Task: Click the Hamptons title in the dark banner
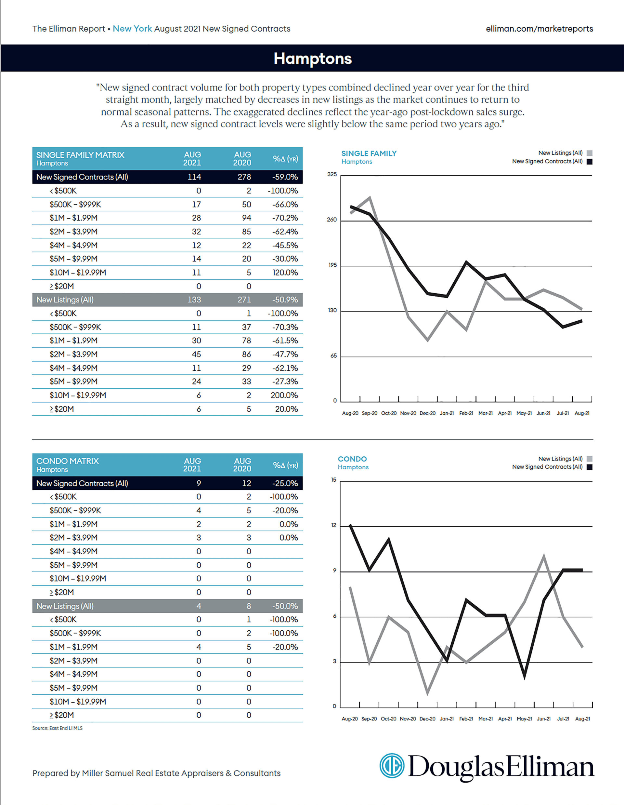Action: pos(312,59)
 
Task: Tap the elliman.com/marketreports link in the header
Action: pos(539,29)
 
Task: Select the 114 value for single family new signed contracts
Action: pos(194,177)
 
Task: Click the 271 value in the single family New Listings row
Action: pos(244,300)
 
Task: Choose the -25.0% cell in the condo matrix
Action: pos(285,483)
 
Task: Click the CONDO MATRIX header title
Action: pos(67,461)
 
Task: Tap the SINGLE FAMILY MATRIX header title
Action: pos(80,155)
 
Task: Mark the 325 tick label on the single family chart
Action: pos(332,174)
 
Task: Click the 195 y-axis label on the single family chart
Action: pos(332,265)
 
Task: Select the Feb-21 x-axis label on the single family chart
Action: pos(466,413)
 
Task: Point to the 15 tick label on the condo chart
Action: pos(333,480)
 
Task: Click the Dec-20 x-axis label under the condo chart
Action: pos(427,719)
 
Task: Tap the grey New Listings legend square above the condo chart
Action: pos(589,459)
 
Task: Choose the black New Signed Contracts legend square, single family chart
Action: pos(589,161)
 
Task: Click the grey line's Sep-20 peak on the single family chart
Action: pos(370,197)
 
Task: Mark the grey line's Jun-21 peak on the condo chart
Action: pos(544,556)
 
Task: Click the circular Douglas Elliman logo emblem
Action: pos(392,766)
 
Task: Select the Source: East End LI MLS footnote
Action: pos(57,728)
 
